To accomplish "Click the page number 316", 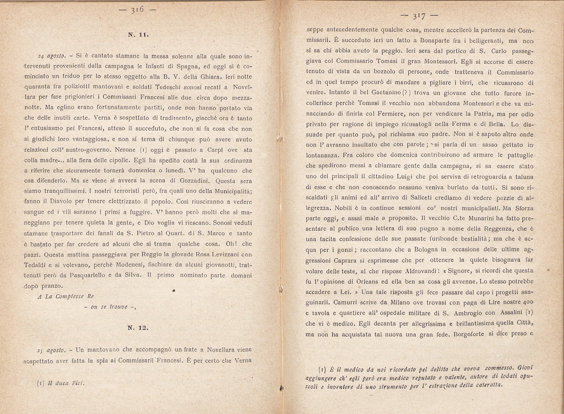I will (137, 10).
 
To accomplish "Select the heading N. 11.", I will (138, 35).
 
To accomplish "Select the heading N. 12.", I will (138, 328).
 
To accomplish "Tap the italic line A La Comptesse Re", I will (66, 296).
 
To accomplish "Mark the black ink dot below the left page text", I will (173, 291).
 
